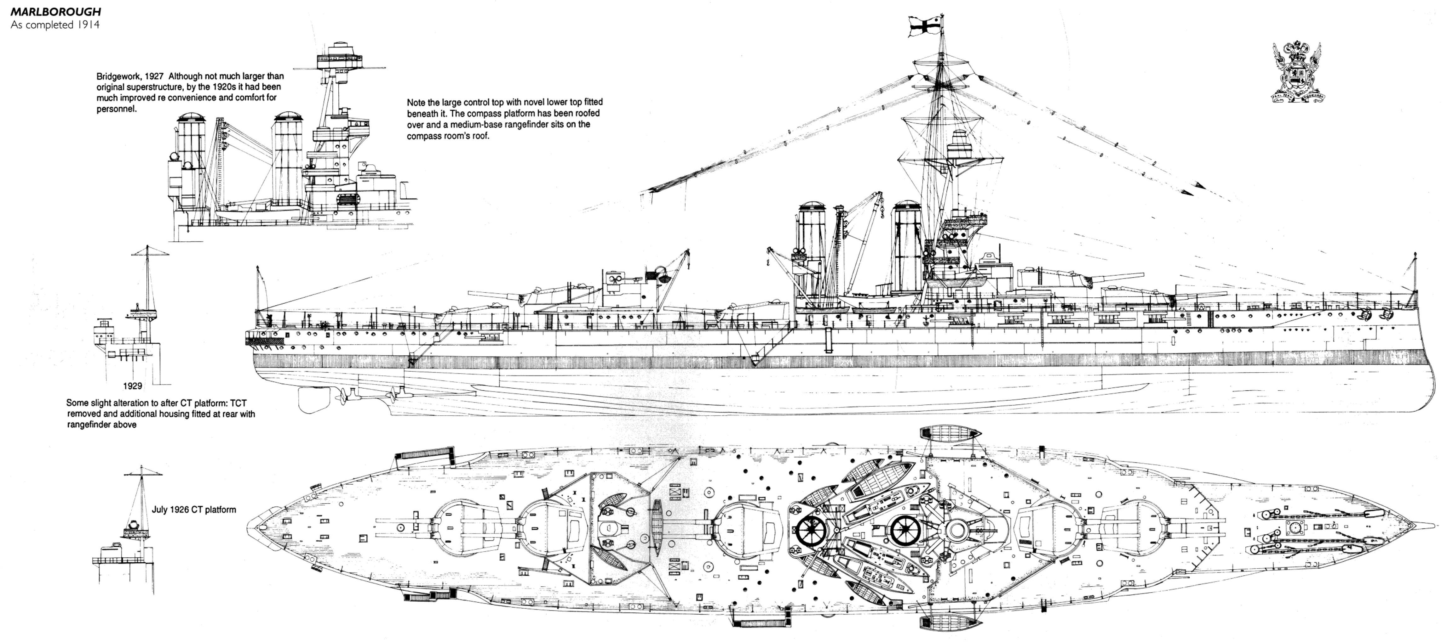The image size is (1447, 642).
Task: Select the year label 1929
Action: tap(133, 386)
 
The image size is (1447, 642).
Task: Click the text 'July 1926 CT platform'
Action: tap(194, 510)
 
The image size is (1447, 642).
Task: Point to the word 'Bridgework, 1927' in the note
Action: tap(131, 76)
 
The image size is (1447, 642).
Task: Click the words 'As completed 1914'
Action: tap(55, 25)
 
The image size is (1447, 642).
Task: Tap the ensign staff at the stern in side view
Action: tap(258, 292)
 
